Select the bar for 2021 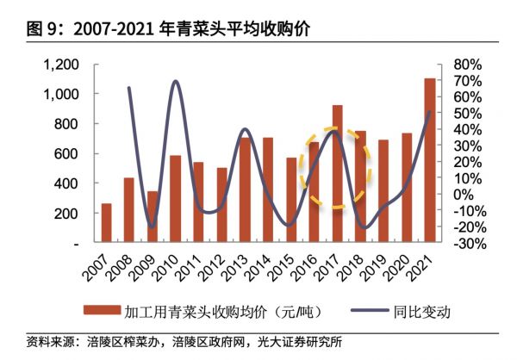click(430, 161)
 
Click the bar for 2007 click(106, 224)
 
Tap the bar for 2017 click(337, 175)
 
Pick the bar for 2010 click(175, 200)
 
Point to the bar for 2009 click(153, 217)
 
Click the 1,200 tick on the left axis click(61, 65)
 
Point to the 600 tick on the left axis click(67, 154)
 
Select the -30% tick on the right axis click(464, 244)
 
